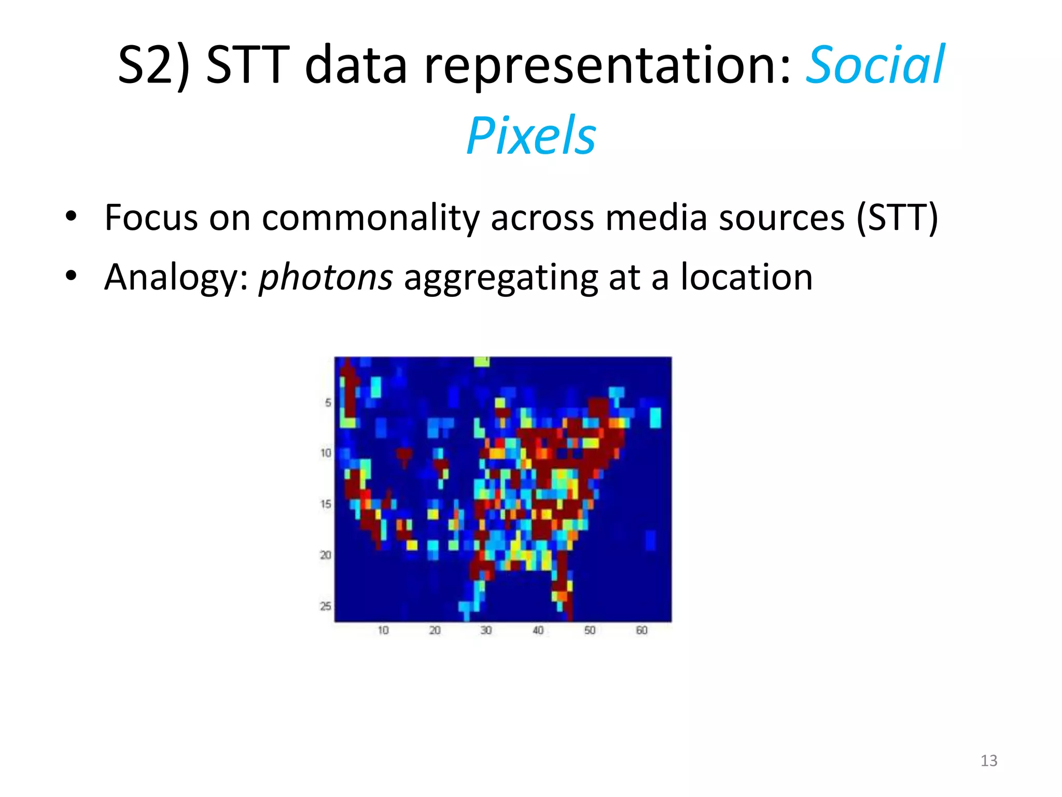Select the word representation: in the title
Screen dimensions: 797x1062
point(608,66)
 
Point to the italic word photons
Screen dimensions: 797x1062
point(326,277)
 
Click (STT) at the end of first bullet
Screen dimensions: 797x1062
point(897,217)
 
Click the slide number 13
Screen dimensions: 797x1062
point(989,761)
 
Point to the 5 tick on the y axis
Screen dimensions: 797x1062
point(328,403)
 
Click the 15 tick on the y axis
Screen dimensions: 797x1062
point(326,504)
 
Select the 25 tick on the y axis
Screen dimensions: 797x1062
point(326,606)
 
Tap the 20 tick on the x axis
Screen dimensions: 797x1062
point(435,630)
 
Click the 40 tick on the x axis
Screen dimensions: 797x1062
point(538,630)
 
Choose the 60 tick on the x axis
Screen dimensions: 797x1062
point(641,630)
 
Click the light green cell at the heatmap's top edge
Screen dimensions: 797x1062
point(482,361)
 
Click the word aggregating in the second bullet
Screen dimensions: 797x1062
point(501,278)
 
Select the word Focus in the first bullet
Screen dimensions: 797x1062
point(151,217)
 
